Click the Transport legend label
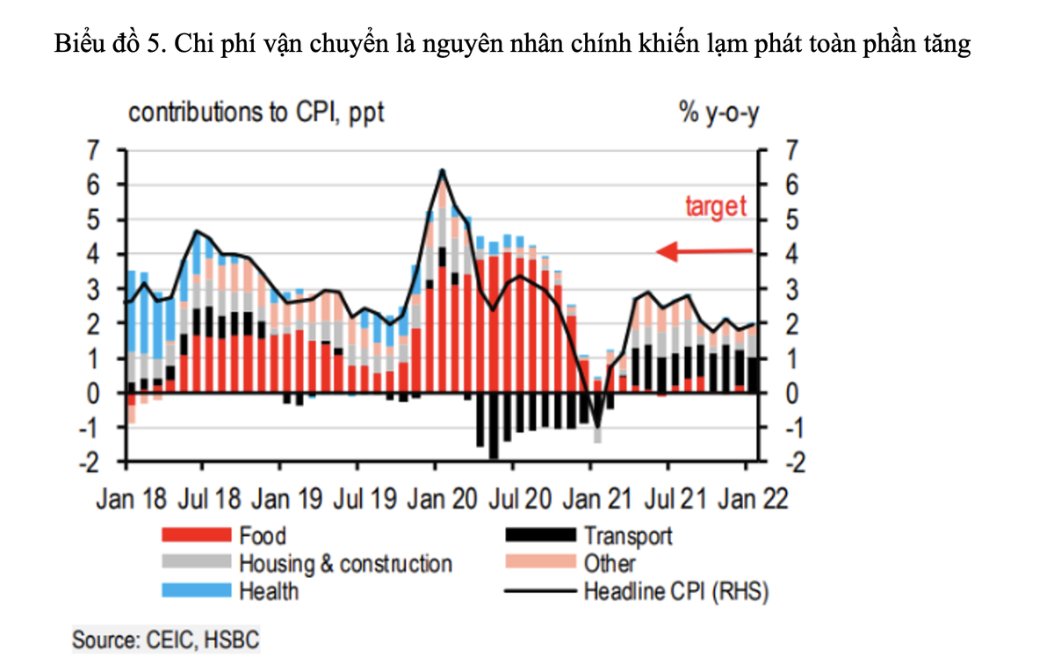(x=628, y=536)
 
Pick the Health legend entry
(x=269, y=591)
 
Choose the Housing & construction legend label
(x=345, y=564)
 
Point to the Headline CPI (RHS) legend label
(x=676, y=591)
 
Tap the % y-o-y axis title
(x=718, y=113)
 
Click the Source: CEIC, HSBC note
(x=166, y=640)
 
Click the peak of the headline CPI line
(x=443, y=170)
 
